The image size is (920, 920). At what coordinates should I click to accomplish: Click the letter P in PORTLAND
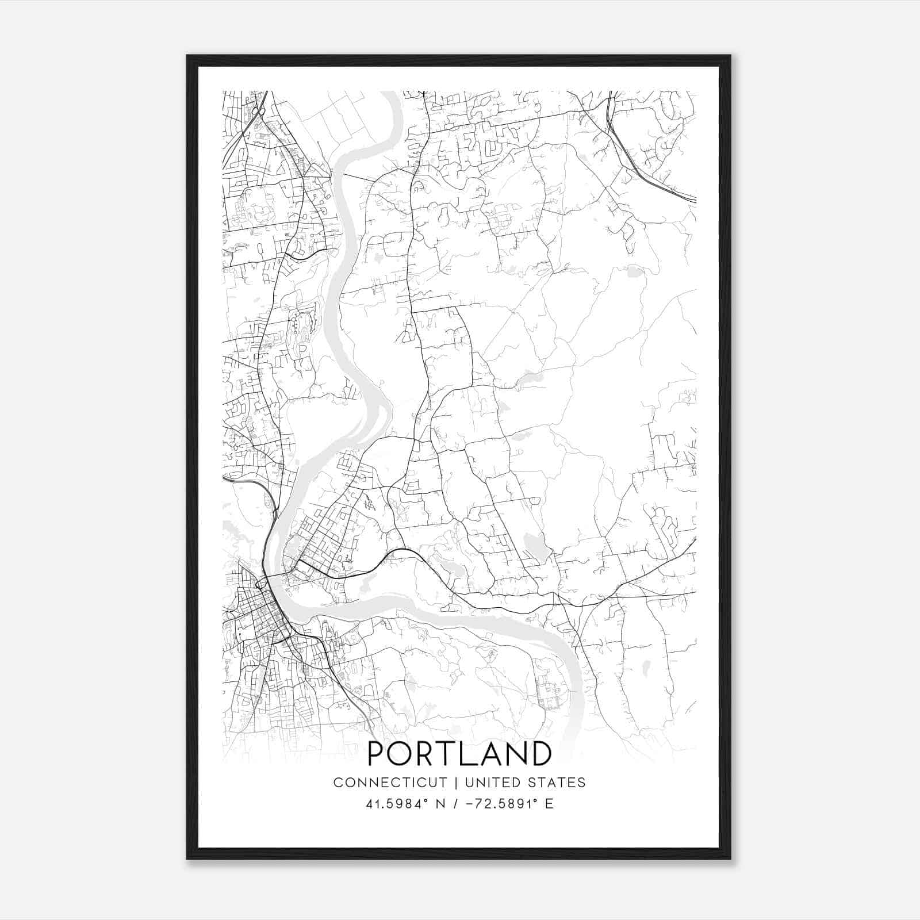point(377,754)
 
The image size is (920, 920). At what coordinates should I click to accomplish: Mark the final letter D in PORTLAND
point(541,754)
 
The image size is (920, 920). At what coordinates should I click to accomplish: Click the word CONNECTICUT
point(390,783)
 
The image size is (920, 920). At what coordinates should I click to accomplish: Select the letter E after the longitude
point(549,804)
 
